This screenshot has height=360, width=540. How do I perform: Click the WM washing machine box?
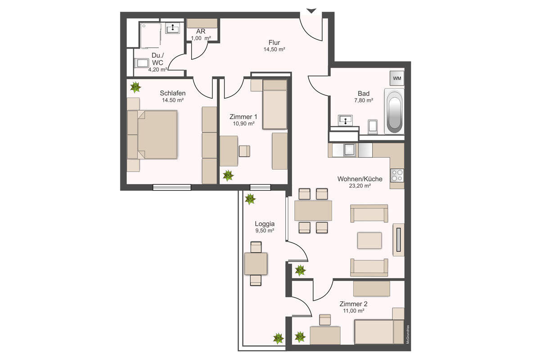click(397, 78)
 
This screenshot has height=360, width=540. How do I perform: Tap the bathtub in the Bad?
click(394, 111)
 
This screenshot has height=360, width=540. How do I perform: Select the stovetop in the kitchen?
click(397, 175)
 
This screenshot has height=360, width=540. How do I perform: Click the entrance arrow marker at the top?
click(311, 11)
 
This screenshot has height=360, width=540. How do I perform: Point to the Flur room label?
click(274, 43)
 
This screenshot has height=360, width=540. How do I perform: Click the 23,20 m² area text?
click(360, 186)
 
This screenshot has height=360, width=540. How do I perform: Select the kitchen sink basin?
click(349, 150)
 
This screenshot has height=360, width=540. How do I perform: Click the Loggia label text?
click(265, 224)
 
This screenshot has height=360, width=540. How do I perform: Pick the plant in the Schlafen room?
click(135, 87)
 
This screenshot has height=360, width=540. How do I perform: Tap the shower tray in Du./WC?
click(150, 36)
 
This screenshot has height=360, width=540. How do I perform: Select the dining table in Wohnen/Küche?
click(313, 211)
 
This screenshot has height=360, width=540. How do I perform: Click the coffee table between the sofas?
click(369, 240)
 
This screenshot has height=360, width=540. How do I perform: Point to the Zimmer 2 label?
click(353, 304)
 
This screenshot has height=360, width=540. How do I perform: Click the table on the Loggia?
click(256, 264)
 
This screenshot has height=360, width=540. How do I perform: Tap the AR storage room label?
click(201, 31)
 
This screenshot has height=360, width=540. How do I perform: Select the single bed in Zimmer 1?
click(274, 105)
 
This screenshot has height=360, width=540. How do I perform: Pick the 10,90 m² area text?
click(243, 124)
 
